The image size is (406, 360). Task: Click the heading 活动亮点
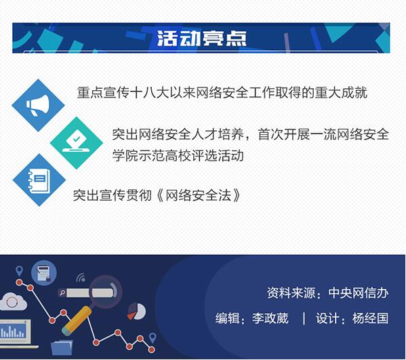(202, 39)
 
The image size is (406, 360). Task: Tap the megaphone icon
(38, 105)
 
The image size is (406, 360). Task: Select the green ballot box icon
(76, 143)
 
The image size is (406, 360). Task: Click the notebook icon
(39, 180)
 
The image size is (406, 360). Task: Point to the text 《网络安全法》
(198, 195)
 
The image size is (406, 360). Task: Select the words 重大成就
(341, 92)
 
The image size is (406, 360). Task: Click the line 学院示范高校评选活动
(178, 156)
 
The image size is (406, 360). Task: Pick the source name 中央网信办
(359, 293)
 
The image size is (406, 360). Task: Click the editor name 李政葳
(270, 318)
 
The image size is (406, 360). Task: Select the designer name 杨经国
(370, 318)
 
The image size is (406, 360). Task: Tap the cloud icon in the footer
(13, 302)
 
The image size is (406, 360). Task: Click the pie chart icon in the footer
(136, 311)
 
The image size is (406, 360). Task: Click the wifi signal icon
(81, 278)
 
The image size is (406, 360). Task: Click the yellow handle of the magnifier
(76, 320)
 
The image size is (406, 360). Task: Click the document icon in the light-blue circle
(43, 273)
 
